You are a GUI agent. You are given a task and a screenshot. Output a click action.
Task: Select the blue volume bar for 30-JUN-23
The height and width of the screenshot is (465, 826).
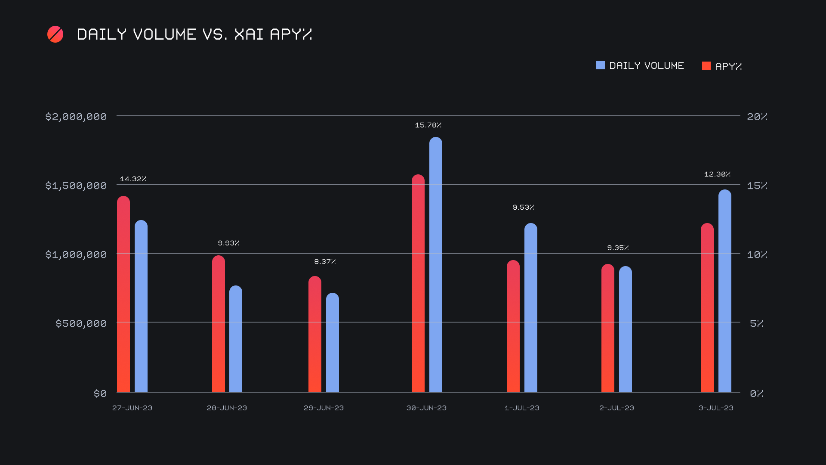(435, 265)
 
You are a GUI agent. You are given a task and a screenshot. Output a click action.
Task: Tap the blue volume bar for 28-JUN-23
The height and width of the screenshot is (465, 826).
(236, 339)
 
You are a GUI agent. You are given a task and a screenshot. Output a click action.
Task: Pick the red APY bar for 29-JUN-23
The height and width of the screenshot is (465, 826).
(315, 334)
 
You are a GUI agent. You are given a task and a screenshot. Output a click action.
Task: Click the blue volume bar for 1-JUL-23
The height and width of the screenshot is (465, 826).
(530, 308)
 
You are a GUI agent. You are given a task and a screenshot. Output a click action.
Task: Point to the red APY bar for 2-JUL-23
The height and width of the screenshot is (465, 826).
(607, 328)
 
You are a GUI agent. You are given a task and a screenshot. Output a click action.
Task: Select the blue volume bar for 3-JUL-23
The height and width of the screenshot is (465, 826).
(724, 291)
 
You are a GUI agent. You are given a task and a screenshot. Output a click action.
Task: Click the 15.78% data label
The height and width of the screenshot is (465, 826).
(428, 125)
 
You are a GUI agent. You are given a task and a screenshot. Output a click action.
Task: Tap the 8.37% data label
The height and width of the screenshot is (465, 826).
(325, 262)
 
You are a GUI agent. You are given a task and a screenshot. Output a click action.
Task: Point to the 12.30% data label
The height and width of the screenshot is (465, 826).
(717, 174)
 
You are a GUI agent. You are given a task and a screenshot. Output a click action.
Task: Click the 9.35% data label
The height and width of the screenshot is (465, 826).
(618, 248)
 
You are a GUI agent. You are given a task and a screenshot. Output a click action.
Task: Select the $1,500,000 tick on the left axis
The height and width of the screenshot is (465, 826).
(76, 186)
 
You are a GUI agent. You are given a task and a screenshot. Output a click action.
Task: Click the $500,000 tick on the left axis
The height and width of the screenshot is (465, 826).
(81, 323)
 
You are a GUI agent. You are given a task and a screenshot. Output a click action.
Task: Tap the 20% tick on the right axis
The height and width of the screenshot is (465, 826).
(757, 117)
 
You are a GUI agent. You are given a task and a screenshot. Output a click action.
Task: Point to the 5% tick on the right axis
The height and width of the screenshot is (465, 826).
(756, 323)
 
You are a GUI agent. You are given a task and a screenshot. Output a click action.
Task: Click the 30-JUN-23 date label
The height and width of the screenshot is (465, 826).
(426, 408)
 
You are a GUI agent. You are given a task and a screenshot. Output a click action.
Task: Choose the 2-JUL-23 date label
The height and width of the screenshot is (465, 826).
(616, 408)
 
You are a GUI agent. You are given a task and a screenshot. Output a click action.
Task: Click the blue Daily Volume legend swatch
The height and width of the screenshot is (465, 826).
(600, 65)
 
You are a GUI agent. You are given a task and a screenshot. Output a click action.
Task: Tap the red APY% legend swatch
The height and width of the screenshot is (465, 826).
(706, 66)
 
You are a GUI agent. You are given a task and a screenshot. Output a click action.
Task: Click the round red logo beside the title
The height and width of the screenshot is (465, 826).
(55, 34)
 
